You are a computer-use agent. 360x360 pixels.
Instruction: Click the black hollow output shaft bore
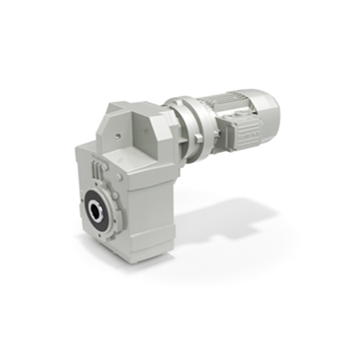tap(96, 211)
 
